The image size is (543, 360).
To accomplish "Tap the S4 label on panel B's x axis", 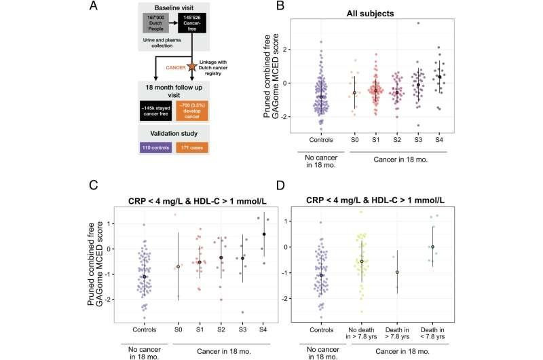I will point(438,141).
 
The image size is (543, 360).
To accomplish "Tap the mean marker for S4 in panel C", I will point(263,234).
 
